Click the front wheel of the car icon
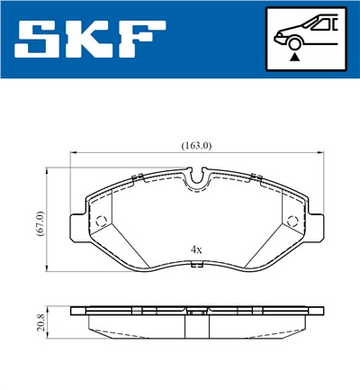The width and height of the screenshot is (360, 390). (294, 42)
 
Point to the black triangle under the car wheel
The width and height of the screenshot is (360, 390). (294, 56)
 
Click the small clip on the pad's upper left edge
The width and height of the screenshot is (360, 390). (133, 177)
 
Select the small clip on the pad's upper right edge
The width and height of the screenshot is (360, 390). (258, 177)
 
